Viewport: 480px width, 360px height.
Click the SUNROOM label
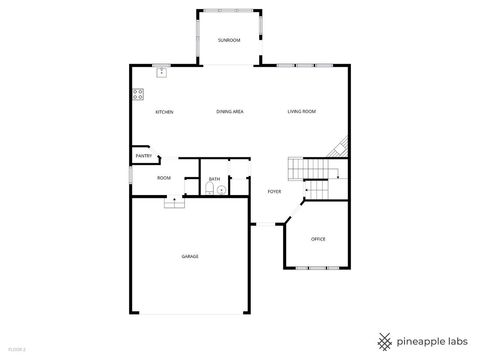coord(229,40)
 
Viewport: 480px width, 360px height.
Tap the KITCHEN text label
coord(164,112)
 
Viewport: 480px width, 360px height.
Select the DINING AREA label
coord(230,112)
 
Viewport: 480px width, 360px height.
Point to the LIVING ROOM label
coord(302,112)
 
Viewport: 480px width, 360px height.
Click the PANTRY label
coord(143,156)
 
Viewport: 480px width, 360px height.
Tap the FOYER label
coord(274,191)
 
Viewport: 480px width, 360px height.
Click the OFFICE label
coord(318,239)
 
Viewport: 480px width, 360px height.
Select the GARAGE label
coord(189,257)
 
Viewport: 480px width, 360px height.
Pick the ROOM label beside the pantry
coord(163,178)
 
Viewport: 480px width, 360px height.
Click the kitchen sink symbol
coord(161,72)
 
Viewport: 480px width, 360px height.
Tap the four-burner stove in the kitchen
coord(137,95)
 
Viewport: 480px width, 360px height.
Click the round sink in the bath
coord(221,189)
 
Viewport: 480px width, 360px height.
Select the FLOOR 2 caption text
coord(16,349)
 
